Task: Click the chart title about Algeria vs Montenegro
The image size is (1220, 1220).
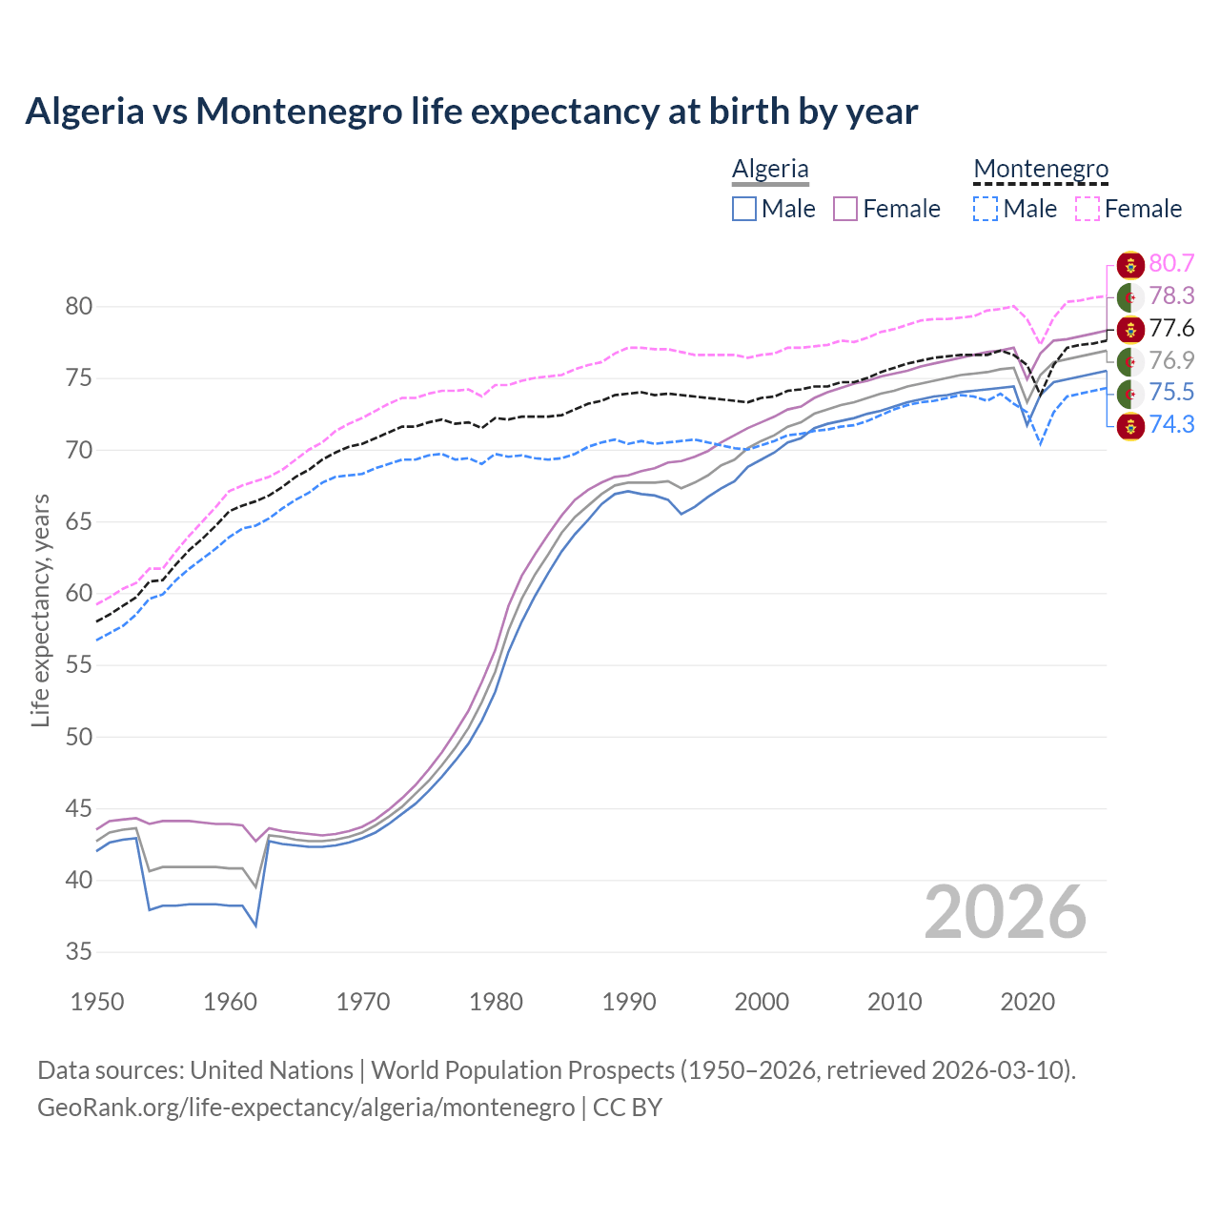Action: (x=471, y=112)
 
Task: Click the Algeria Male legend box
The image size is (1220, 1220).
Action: (x=744, y=209)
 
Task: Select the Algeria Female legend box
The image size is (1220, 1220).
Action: (x=846, y=209)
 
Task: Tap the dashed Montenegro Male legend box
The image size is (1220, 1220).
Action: (x=986, y=209)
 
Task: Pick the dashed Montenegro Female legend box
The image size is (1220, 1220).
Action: (x=1088, y=209)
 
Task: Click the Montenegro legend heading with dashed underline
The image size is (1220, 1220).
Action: (x=1041, y=170)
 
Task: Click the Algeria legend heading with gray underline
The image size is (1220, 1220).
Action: (x=770, y=170)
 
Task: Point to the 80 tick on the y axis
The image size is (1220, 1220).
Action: (x=78, y=307)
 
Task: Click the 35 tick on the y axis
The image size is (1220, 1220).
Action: (x=78, y=952)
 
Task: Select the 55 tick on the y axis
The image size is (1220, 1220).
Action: (x=78, y=665)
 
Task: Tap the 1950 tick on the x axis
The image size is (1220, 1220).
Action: (x=97, y=1002)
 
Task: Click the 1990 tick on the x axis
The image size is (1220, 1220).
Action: (x=629, y=1002)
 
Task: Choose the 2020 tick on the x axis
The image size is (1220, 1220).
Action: (x=1027, y=1002)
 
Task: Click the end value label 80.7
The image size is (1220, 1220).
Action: (x=1171, y=264)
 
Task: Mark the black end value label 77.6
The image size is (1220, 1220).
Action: (x=1171, y=329)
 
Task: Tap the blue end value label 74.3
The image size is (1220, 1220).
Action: (x=1171, y=425)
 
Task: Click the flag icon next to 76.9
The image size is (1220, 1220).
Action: (x=1130, y=361)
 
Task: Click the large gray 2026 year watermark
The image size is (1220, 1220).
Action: (x=1005, y=913)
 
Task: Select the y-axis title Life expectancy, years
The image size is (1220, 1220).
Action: (x=41, y=610)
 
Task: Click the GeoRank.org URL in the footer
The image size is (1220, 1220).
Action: (x=306, y=1108)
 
